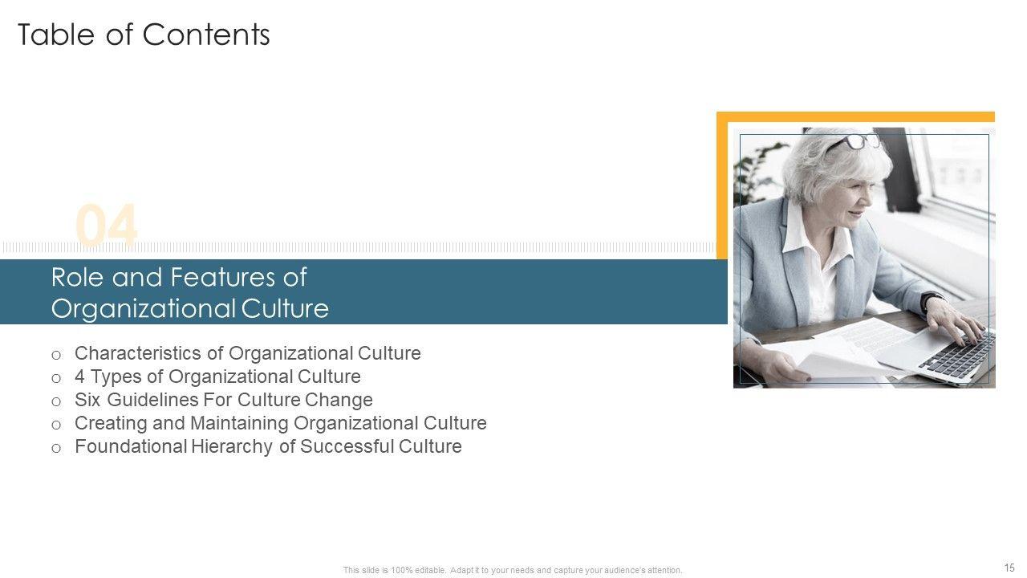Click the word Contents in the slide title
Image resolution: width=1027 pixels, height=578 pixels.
pos(206,35)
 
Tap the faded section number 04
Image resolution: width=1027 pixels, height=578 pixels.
pos(107,225)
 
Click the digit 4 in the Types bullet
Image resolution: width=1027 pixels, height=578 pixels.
pos(79,377)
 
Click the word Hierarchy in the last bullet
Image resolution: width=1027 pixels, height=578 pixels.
pos(232,447)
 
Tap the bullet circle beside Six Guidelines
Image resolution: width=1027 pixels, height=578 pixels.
pos(56,402)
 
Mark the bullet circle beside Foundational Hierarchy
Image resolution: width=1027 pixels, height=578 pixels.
pos(56,448)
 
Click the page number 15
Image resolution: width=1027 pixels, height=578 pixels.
pos(1009,568)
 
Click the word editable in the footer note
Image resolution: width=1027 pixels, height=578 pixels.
pos(430,570)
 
